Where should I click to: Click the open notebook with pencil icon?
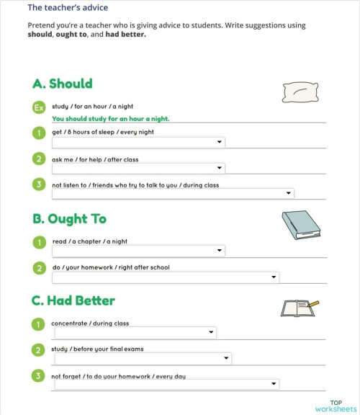click(298, 308)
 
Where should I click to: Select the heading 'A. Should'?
click(63, 84)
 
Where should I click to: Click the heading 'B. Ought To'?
click(70, 218)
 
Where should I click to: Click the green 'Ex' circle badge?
click(40, 107)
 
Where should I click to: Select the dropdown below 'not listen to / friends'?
click(173, 193)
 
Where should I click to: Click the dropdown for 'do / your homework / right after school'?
click(165, 277)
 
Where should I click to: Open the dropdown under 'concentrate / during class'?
click(134, 332)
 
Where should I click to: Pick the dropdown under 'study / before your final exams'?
click(141, 358)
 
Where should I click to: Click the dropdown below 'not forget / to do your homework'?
click(165, 384)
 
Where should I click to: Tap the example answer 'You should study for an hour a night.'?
click(115, 119)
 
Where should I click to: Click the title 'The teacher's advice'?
click(68, 8)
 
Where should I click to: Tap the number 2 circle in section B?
click(39, 268)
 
